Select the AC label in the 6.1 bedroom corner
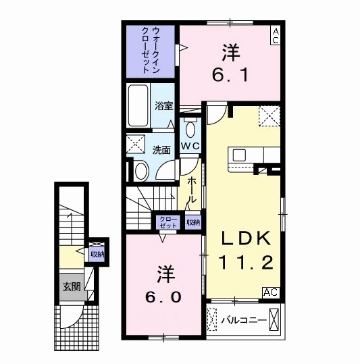click(x=276, y=36)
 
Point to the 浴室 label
click(x=163, y=105)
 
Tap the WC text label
click(x=190, y=147)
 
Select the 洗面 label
click(x=160, y=149)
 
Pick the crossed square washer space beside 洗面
click(x=136, y=145)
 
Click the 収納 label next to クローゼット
click(x=193, y=222)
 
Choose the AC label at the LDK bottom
click(x=270, y=292)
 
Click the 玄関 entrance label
click(x=72, y=286)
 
